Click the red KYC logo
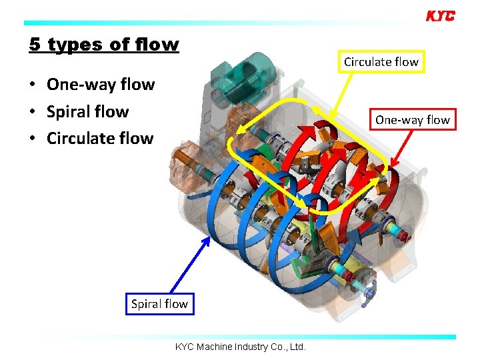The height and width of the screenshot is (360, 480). (x=440, y=16)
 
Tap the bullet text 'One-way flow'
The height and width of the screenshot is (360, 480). (x=100, y=85)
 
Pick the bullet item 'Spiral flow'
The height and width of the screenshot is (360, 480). (x=87, y=111)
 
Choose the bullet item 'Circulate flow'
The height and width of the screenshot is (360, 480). (x=99, y=138)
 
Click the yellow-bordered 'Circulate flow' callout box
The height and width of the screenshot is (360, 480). (x=381, y=62)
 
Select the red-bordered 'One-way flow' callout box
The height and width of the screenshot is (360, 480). (x=412, y=120)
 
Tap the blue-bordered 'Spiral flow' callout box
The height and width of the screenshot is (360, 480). (x=159, y=304)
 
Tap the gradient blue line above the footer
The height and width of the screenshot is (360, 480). (x=240, y=337)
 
